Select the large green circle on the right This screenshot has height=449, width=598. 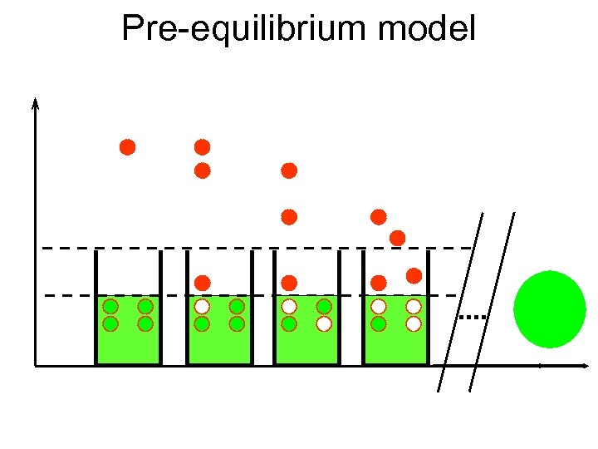click(550, 308)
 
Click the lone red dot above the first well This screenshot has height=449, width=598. click(127, 147)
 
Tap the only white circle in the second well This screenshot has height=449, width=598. click(202, 306)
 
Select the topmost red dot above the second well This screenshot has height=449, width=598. click(202, 147)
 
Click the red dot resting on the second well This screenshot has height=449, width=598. click(203, 283)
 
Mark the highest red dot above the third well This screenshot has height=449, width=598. click(289, 170)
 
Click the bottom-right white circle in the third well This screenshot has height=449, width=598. click(324, 323)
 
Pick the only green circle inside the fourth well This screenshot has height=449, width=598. click(379, 323)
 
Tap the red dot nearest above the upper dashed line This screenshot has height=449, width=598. click(397, 238)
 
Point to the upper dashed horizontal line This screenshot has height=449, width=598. click(249, 248)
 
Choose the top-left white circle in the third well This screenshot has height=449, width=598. click(289, 306)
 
